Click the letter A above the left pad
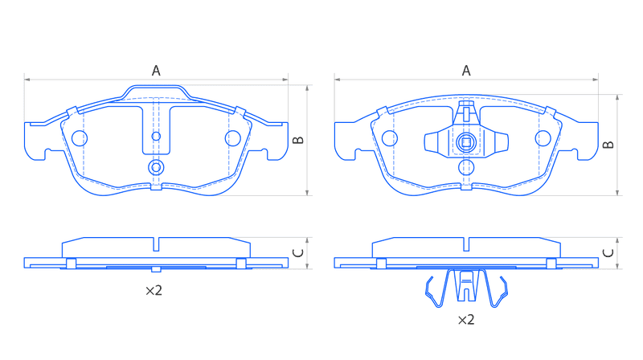[x=156, y=71]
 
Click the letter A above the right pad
[x=466, y=71]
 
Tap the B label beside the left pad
[x=298, y=141]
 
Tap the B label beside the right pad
[x=608, y=145]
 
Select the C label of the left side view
[x=298, y=253]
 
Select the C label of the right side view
[x=608, y=253]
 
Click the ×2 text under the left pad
[x=154, y=291]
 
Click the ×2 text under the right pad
[x=466, y=320]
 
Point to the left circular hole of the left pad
[x=80, y=138]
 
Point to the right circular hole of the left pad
[x=233, y=138]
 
